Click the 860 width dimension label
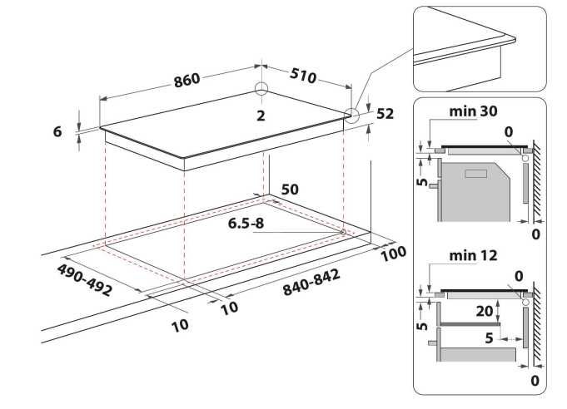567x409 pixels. point(187,80)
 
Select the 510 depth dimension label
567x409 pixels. point(303,76)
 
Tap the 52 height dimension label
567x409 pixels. point(385,114)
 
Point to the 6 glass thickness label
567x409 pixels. point(57,131)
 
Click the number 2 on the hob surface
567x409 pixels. point(261,116)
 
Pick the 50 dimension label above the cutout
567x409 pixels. point(290,190)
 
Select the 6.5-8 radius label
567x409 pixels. point(246,223)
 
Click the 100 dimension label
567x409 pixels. point(394,254)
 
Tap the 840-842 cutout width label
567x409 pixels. point(311,282)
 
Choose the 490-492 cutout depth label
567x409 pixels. point(85,280)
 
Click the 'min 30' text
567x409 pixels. point(473,111)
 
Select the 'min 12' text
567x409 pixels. point(473,255)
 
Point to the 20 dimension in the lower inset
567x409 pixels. point(485,311)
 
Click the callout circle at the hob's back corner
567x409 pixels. point(261,88)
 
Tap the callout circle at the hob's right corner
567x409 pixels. point(351,116)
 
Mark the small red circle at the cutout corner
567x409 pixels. point(343,232)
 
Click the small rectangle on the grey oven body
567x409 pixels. point(476,174)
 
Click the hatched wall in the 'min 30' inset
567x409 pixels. point(537,180)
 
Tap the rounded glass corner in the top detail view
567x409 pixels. point(513,38)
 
